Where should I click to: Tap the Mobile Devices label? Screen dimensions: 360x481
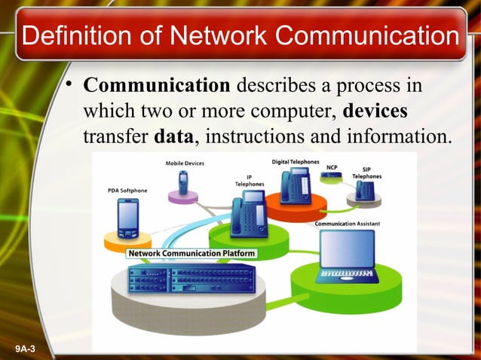click(x=184, y=163)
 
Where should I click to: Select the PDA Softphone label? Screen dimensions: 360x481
click(x=127, y=191)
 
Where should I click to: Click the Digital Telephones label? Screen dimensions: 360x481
click(x=293, y=161)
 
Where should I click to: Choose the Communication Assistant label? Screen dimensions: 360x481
click(x=347, y=224)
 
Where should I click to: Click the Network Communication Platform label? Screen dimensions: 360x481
click(x=191, y=254)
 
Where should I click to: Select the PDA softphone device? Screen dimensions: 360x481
click(x=127, y=218)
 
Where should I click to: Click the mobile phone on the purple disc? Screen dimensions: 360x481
click(x=182, y=183)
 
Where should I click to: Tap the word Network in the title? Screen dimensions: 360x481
click(x=219, y=35)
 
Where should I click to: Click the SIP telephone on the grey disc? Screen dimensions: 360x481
click(x=366, y=191)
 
